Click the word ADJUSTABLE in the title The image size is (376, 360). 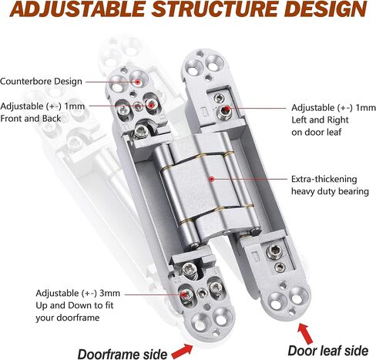77,9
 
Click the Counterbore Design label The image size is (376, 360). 41,82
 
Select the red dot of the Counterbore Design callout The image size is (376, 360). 138,82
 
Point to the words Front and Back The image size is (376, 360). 31,119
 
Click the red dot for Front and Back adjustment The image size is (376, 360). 151,105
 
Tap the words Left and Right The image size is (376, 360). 320,120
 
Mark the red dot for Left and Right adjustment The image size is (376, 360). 227,109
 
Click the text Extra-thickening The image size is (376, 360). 324,179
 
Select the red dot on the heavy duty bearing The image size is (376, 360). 212,179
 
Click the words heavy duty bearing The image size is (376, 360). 330,191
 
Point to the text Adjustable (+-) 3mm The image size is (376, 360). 78,293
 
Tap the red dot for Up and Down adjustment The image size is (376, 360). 183,294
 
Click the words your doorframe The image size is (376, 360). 68,318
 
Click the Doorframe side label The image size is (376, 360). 123,354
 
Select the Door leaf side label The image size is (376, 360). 328,351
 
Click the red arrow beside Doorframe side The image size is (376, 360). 182,352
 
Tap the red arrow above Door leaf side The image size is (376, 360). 305,334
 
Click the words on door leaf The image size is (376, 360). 317,133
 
